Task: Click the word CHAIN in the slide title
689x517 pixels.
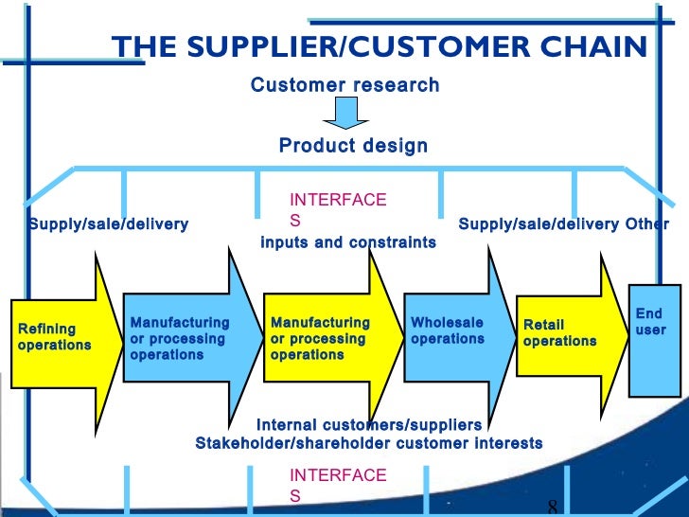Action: tap(598, 48)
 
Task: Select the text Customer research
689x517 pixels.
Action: tap(344, 85)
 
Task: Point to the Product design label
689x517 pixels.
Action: tap(353, 146)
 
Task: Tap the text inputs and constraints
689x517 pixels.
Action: tap(348, 242)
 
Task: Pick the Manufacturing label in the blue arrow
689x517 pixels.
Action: tap(179, 339)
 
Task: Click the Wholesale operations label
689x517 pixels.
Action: tap(448, 330)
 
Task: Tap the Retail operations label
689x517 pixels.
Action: tap(559, 333)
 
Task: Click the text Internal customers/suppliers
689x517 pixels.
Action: tap(368, 425)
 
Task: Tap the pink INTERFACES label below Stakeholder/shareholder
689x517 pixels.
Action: tap(338, 484)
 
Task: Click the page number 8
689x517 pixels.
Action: tap(552, 507)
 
